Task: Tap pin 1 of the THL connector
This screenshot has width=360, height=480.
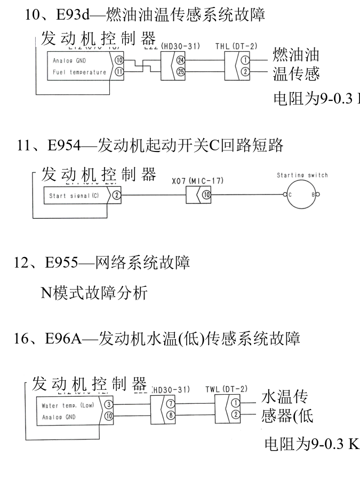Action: (245, 61)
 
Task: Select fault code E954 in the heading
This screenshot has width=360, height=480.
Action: (63, 146)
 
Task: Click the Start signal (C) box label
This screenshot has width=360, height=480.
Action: (74, 196)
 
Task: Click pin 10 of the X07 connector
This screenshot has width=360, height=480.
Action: (206, 196)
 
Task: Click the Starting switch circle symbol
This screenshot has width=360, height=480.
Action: (301, 196)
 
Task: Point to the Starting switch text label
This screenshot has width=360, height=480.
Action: (302, 175)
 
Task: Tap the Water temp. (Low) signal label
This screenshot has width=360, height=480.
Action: (68, 406)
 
